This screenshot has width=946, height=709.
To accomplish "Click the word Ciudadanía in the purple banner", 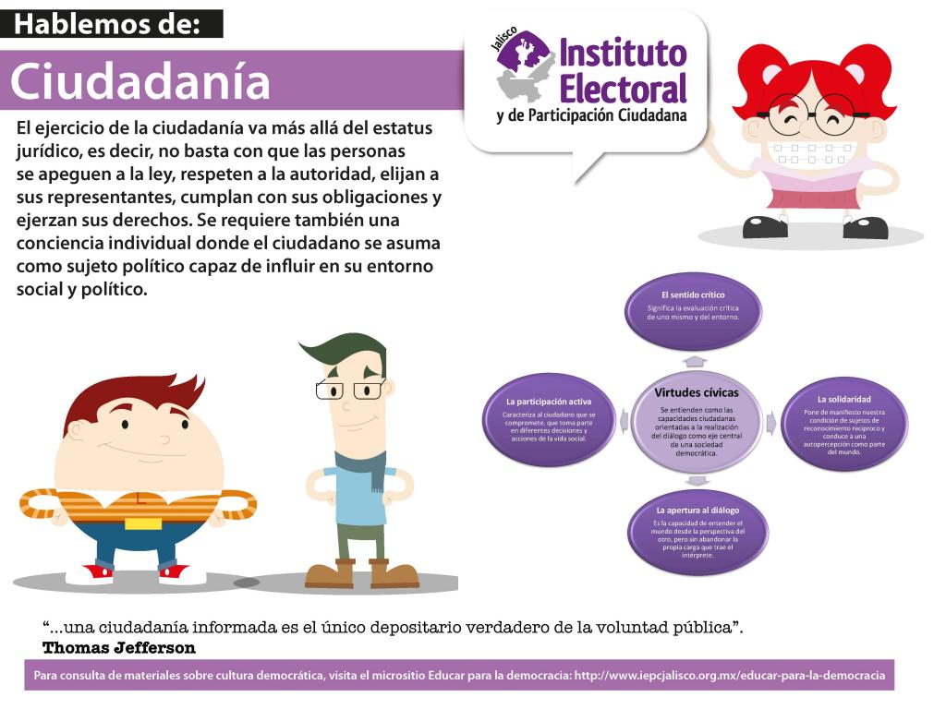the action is (140, 81).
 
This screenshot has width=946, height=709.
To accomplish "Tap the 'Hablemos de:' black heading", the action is (107, 24).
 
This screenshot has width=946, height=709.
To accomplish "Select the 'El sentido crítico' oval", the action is (693, 312).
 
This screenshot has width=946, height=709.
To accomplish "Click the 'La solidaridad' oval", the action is (844, 423).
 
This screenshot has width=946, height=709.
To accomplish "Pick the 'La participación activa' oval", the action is (549, 420).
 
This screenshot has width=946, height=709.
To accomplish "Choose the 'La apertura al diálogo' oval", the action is (697, 531).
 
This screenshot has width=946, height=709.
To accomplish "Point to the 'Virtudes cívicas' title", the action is (697, 392).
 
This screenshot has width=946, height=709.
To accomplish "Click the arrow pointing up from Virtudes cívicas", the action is (695, 361).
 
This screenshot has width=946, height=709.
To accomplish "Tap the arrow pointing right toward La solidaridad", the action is (770, 423).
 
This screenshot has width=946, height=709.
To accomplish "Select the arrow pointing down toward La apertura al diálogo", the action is (697, 480).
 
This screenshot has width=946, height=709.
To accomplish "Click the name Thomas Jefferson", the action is (119, 648).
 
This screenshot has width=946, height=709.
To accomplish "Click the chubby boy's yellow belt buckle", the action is (143, 522).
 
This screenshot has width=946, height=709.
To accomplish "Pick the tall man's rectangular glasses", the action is (350, 390).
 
